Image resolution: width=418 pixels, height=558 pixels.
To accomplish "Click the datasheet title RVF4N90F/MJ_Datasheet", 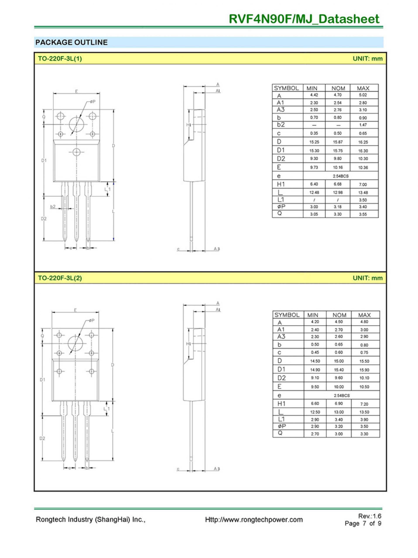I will (x=304, y=19).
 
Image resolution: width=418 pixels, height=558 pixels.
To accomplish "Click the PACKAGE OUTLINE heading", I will (x=71, y=42).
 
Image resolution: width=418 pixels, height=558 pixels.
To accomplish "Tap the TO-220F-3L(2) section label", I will (x=60, y=278).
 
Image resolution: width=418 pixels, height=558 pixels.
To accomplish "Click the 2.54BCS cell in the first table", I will (x=341, y=176).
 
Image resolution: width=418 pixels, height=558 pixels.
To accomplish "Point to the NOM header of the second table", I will (x=339, y=315).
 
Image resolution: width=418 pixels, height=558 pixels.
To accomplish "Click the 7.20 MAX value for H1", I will (x=364, y=404).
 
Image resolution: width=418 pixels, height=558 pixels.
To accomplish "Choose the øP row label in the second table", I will (x=281, y=426).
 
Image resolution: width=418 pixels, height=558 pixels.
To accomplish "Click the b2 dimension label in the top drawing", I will (x=53, y=206).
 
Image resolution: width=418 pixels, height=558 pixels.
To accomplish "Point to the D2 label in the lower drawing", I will (x=42, y=438).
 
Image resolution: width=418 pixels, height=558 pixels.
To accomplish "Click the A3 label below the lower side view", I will (x=217, y=469).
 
